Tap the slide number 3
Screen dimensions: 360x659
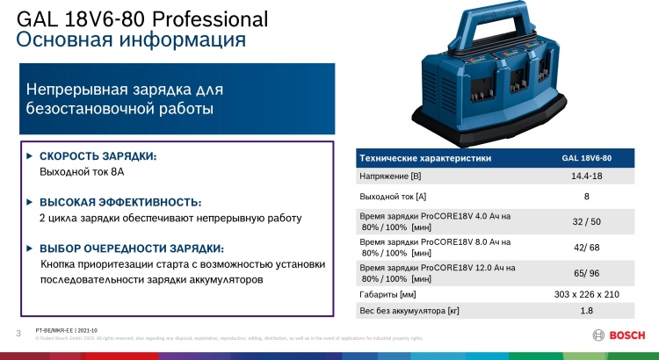(18, 331)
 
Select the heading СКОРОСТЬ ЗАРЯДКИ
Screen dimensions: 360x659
(98, 156)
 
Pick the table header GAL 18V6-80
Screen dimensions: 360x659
(586, 158)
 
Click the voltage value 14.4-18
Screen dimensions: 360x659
(586, 177)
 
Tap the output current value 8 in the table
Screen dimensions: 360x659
(586, 198)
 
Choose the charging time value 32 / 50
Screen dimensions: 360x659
(586, 222)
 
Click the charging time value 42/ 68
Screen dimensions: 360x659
(586, 248)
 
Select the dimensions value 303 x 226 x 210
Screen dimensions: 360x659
(586, 294)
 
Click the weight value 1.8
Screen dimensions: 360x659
(586, 311)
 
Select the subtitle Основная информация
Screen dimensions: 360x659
(131, 40)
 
